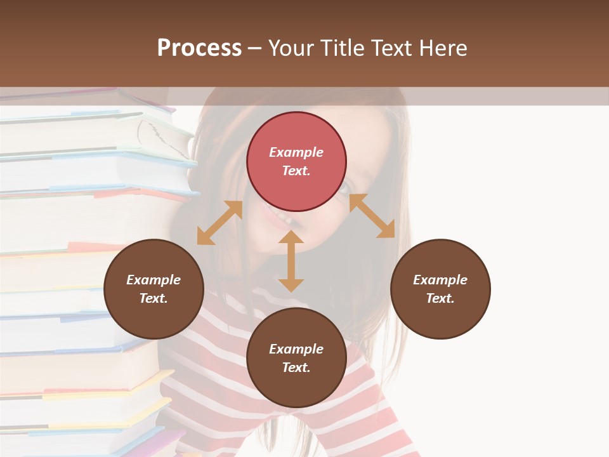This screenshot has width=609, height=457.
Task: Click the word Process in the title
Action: tap(199, 48)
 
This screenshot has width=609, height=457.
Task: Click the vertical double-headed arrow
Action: tap(291, 261)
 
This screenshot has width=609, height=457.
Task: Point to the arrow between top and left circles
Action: tap(219, 223)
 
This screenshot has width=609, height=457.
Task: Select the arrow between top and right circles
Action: tap(372, 216)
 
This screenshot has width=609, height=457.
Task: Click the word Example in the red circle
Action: tap(296, 152)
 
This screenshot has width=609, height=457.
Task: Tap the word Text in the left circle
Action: tap(154, 298)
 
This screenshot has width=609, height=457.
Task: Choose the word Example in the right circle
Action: tap(440, 280)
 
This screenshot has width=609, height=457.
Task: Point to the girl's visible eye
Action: tap(344, 188)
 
